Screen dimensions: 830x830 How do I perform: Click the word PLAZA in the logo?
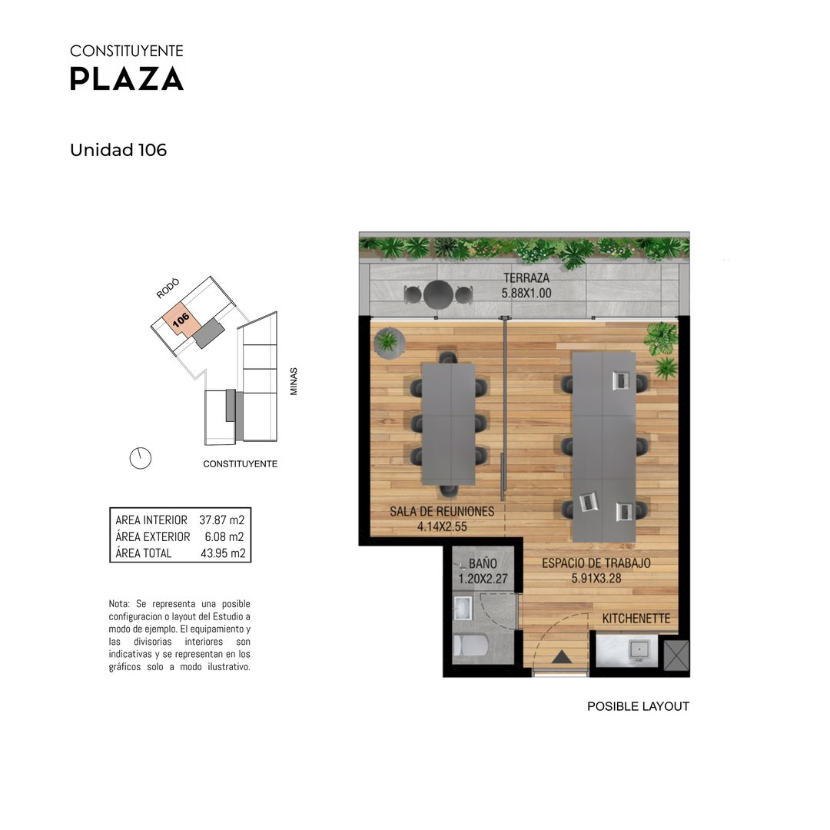coord(127,79)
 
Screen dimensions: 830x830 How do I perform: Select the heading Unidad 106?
coord(118,151)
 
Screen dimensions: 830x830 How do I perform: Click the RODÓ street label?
coord(168,288)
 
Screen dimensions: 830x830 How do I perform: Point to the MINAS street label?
coord(294,382)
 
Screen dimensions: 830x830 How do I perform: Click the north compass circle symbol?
coord(141,458)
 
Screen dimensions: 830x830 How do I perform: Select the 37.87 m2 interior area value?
coord(222,520)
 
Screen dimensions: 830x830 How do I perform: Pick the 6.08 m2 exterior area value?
coord(224,536)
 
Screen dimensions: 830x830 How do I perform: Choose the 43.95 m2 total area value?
coord(223,553)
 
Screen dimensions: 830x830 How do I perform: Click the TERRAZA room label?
coord(526,278)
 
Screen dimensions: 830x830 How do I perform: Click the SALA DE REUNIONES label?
coord(442,511)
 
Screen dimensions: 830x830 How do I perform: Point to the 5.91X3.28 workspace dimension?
coord(596,579)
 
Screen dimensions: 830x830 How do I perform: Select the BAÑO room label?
coord(483,564)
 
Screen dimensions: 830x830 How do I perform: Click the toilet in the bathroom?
coord(470,646)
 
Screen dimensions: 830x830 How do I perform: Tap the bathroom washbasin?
coord(463,608)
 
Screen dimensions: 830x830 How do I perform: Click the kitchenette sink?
coord(639,649)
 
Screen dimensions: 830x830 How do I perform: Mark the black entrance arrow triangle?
coord(562,657)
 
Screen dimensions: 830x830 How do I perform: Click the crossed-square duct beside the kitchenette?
coord(676,656)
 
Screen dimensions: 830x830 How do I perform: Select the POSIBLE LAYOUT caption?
coord(638,706)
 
